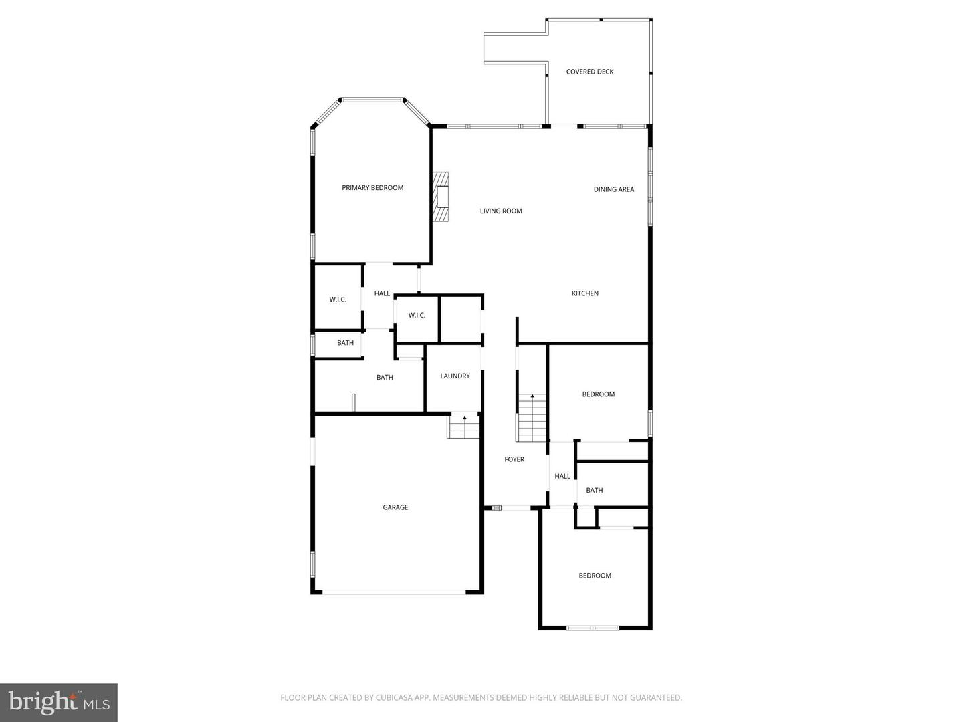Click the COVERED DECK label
[589, 72]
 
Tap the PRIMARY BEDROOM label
[372, 188]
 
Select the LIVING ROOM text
[501, 211]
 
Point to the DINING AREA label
[613, 189]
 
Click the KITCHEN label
[584, 293]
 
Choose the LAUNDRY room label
[455, 376]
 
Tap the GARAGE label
[395, 507]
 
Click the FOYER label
[514, 459]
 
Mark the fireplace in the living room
[439, 197]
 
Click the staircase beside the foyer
[532, 417]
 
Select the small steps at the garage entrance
[463, 427]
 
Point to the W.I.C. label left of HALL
[338, 299]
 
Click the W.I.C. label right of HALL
[417, 316]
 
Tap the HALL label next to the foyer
[562, 476]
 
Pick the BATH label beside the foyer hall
[594, 490]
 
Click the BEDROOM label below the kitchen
[598, 394]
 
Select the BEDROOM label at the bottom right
[595, 576]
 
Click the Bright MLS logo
[59, 702]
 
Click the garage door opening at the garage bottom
[395, 592]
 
